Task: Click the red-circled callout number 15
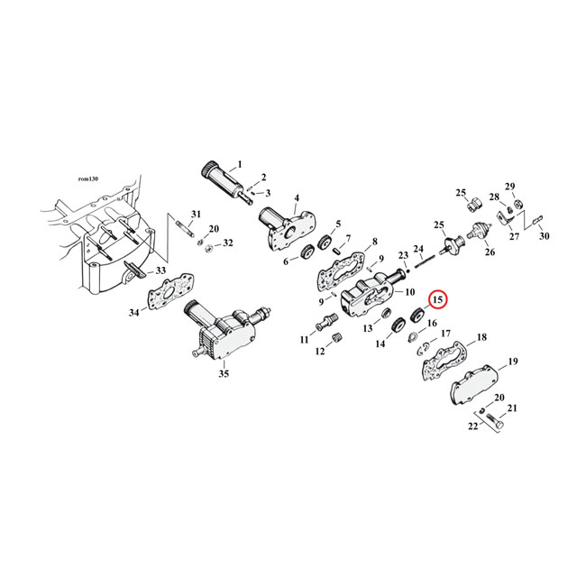coord(437,299)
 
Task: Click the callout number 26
coord(490,253)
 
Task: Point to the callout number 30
coord(544,236)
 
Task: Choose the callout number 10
coord(409,292)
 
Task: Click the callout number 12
coord(320,352)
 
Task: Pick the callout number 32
coord(227,243)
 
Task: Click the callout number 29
coord(509,187)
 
